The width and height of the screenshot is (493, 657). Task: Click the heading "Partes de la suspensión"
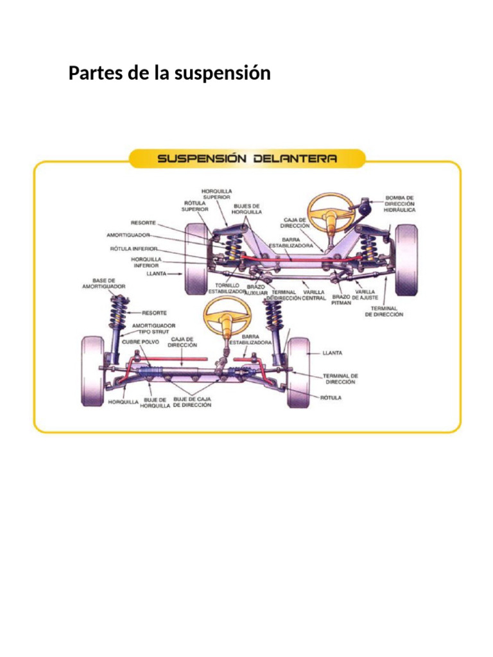[x=169, y=74]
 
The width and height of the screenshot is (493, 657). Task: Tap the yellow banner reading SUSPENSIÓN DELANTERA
[x=247, y=158]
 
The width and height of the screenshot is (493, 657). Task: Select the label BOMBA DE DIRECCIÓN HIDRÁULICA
[x=400, y=203]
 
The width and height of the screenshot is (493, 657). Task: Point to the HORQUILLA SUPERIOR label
[x=217, y=194]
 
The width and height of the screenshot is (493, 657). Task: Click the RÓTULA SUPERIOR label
[x=195, y=205]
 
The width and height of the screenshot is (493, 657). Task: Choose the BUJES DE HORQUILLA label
[x=246, y=209]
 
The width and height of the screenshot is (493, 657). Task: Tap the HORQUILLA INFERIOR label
[x=146, y=262]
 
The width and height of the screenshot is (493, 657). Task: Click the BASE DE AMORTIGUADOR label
[x=104, y=283]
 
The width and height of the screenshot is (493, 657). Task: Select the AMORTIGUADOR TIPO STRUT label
[x=153, y=328]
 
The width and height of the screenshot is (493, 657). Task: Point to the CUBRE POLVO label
[x=141, y=342]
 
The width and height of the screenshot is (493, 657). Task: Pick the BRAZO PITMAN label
[x=341, y=300]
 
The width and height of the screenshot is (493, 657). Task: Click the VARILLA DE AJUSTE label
[x=365, y=294]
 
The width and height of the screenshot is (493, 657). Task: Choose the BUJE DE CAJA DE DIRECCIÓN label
[x=192, y=402]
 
